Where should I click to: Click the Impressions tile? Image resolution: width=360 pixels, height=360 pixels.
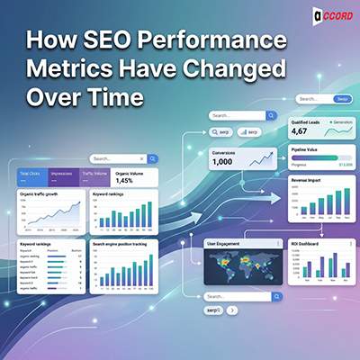click(68, 177)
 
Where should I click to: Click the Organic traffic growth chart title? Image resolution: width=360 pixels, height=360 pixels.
click(41, 193)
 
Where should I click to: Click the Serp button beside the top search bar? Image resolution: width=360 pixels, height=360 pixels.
click(342, 99)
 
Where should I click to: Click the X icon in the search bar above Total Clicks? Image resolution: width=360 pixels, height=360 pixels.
click(139, 157)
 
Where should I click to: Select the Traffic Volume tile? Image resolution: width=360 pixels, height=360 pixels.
click(98, 177)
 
